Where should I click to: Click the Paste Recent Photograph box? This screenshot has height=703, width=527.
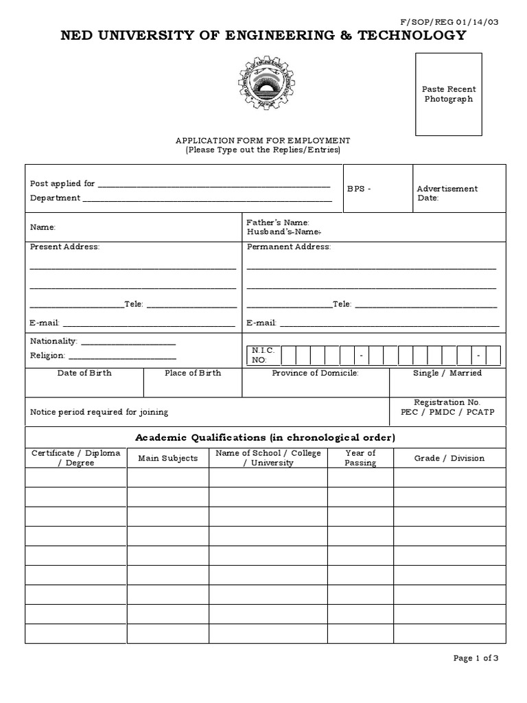pyautogui.click(x=449, y=95)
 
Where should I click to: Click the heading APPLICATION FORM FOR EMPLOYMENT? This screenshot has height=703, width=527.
pyautogui.click(x=263, y=140)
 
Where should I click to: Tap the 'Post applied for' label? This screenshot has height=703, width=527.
pyautogui.click(x=62, y=184)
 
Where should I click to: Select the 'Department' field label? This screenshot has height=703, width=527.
pyautogui.click(x=55, y=198)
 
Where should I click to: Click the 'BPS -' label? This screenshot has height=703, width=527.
pyautogui.click(x=359, y=189)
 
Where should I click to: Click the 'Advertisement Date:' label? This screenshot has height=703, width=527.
pyautogui.click(x=447, y=193)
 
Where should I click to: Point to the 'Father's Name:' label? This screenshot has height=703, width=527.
pyautogui.click(x=278, y=222)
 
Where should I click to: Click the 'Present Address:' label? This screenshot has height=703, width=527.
pyautogui.click(x=65, y=246)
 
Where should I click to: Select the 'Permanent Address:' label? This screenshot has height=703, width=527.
pyautogui.click(x=288, y=246)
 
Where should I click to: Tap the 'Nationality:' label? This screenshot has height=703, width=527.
pyautogui.click(x=54, y=341)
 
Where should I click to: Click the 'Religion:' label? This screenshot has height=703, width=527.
pyautogui.click(x=47, y=356)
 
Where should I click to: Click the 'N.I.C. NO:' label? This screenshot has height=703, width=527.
pyautogui.click(x=262, y=355)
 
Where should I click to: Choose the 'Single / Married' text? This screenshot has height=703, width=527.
pyautogui.click(x=447, y=373)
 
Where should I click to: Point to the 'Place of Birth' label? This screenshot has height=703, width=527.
pyautogui.click(x=193, y=373)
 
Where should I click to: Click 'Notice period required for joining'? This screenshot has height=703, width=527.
pyautogui.click(x=99, y=412)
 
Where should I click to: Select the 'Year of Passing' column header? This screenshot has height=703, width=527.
pyautogui.click(x=360, y=458)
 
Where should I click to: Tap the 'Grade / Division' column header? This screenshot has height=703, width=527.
pyautogui.click(x=449, y=458)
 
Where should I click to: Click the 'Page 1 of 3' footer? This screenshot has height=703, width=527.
pyautogui.click(x=476, y=658)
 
